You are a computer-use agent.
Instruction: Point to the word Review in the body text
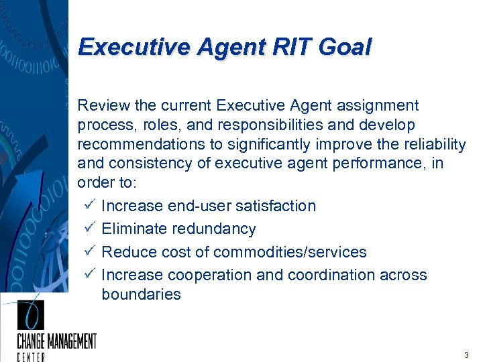[100, 106]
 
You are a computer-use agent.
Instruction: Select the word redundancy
[214, 229]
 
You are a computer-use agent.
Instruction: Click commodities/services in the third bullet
[290, 252]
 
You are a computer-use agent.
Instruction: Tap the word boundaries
[141, 294]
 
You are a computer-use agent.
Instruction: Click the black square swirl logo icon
[30, 315]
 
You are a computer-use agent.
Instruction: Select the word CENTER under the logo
[31, 357]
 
